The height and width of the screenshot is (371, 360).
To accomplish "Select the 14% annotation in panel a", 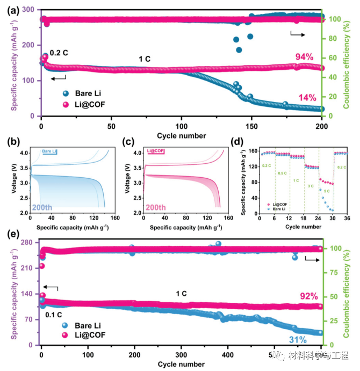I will [x=307, y=97].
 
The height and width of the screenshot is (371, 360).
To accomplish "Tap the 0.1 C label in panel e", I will [x=54, y=314].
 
